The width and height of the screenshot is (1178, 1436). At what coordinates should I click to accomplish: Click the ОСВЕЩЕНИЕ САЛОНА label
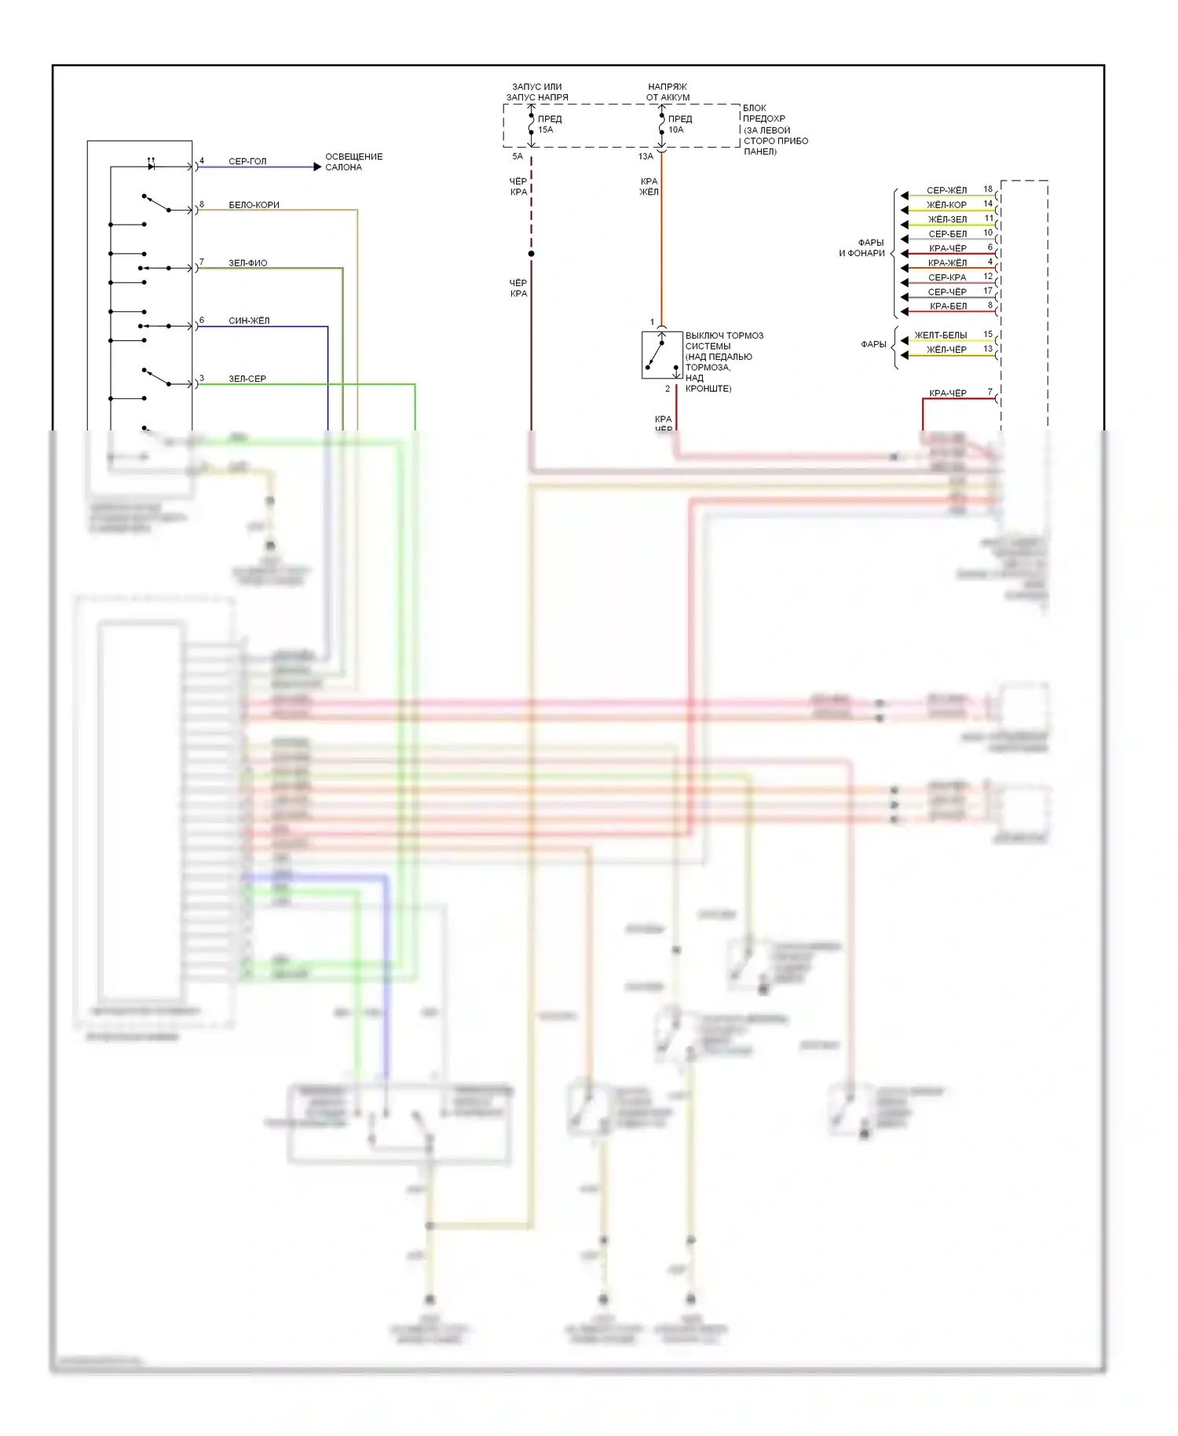coord(353,162)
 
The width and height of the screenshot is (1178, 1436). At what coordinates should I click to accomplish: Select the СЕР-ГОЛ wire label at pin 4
coord(247,161)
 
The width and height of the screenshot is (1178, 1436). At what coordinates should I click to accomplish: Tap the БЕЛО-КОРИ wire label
coord(254,205)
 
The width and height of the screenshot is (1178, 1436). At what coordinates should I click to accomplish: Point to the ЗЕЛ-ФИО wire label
coord(247,263)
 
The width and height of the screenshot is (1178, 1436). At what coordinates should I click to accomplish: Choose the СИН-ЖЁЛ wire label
coord(249,321)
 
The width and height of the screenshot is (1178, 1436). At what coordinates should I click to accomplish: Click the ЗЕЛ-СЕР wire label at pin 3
coord(247,379)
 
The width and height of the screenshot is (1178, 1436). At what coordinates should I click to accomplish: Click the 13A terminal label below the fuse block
coord(646,156)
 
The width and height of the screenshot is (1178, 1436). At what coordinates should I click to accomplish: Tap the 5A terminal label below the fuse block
coord(518,156)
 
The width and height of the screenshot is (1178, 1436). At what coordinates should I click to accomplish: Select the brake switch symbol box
coord(661,355)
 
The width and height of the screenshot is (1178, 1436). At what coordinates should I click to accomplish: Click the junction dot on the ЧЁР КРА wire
coord(532,254)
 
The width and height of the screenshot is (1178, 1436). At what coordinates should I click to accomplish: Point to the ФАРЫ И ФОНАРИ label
coord(862,248)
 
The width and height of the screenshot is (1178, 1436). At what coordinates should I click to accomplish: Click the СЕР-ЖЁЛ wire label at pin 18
coord(946,190)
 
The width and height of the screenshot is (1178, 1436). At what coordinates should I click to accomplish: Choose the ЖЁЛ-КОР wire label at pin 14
coord(946,205)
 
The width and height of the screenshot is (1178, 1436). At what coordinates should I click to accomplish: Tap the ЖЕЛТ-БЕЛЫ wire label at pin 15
coord(941,335)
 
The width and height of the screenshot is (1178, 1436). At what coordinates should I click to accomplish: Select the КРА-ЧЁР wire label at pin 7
coord(948,393)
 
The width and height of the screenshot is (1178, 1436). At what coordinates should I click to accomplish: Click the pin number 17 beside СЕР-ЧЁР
coord(988,291)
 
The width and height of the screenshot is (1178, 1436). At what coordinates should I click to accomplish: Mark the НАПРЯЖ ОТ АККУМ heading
coord(668,92)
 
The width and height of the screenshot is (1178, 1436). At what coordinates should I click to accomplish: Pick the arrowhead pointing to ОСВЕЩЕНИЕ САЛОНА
coord(317,167)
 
